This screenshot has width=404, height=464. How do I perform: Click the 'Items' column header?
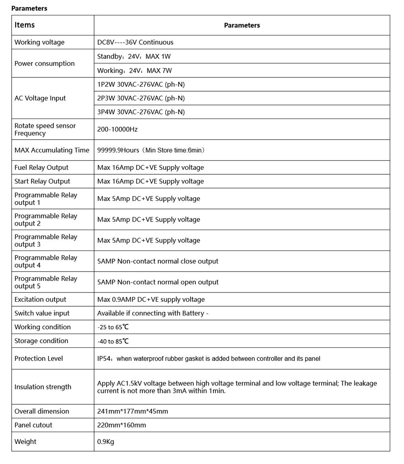coord(25,25)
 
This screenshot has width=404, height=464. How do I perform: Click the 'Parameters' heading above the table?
coord(29,8)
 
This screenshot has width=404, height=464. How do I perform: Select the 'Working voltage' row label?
coord(40,42)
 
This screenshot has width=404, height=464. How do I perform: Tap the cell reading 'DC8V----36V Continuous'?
coord(135,42)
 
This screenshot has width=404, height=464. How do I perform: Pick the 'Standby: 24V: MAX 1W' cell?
coord(134,56)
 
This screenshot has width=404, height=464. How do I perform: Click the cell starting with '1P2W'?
coord(141,84)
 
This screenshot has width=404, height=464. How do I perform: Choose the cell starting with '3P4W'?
coord(141,112)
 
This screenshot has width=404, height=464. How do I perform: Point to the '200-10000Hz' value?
coord(118,130)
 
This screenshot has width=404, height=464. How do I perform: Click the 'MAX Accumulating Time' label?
coord(52,150)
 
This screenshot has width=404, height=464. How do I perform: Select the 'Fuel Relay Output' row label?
coord(42,167)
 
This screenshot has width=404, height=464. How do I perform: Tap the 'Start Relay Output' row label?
coord(42,181)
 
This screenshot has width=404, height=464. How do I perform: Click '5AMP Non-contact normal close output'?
coord(158,261)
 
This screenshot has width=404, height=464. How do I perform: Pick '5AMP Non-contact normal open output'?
coord(158,282)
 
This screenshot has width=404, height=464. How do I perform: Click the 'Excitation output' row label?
coord(40,299)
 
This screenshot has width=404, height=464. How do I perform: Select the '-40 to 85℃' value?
coord(113,341)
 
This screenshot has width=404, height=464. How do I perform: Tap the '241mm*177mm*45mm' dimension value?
coord(133,411)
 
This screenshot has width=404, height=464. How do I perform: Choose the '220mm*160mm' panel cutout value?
coord(122,425)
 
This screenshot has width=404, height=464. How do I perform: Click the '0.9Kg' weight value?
coord(106,442)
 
